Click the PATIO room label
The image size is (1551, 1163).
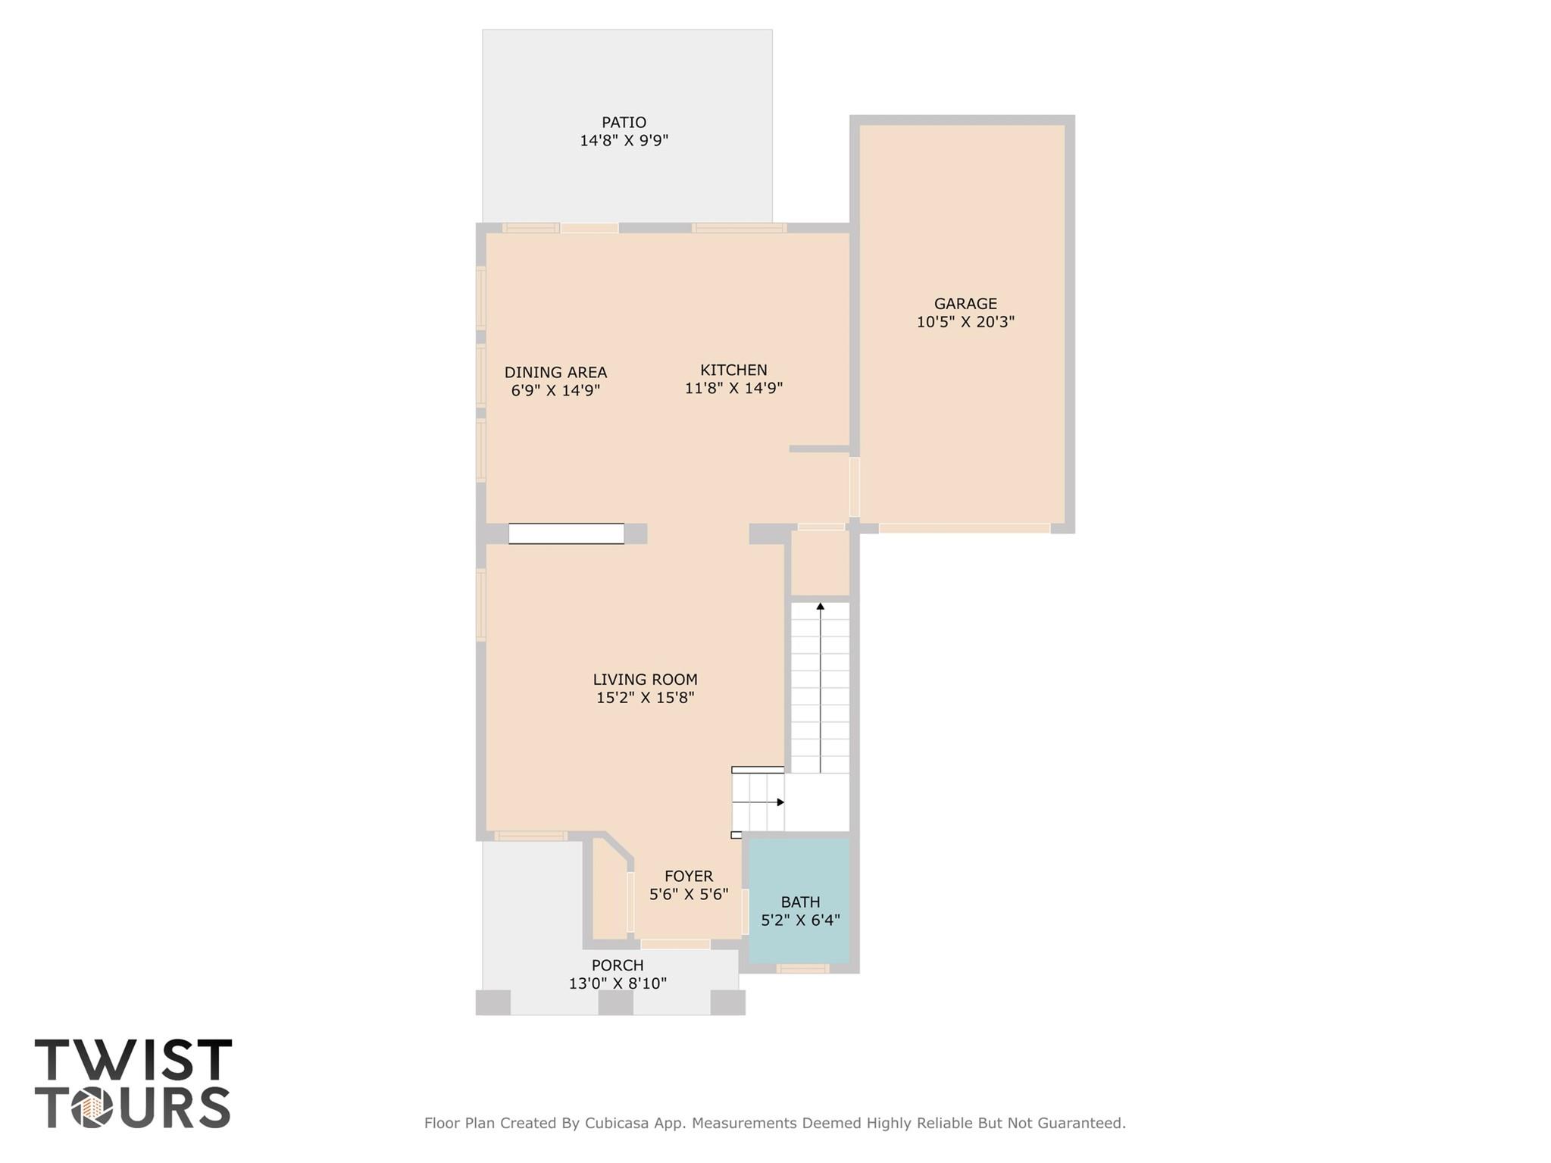click(x=624, y=122)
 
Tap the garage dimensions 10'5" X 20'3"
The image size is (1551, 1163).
click(x=965, y=322)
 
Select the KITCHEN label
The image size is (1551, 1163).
click(x=733, y=370)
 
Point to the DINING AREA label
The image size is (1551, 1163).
click(x=555, y=372)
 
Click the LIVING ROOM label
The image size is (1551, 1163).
click(x=645, y=680)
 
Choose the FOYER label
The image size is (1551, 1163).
click(x=688, y=876)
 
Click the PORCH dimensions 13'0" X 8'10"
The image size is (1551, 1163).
click(x=618, y=983)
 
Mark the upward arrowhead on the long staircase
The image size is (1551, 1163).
click(x=820, y=606)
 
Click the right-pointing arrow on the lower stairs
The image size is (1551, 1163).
click(x=780, y=802)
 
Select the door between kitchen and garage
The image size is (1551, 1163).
click(x=854, y=486)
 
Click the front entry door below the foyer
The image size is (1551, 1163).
click(x=675, y=944)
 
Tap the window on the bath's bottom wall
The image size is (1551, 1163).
click(x=802, y=968)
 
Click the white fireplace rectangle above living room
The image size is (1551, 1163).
click(x=566, y=533)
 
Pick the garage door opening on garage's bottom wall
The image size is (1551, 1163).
click(x=964, y=528)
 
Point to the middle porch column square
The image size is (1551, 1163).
click(x=615, y=1002)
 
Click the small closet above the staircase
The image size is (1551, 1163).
click(x=820, y=563)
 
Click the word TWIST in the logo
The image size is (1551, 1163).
click(x=133, y=1060)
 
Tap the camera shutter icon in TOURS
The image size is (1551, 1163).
click(x=92, y=1108)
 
